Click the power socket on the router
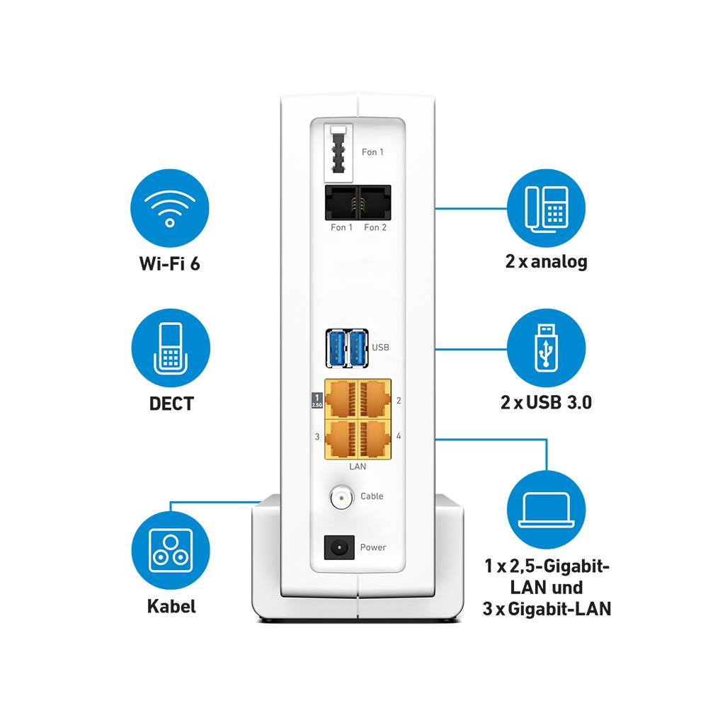point(337,547)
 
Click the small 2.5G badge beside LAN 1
point(316,401)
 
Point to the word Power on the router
point(373,547)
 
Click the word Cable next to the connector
point(372,496)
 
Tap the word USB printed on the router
point(381,348)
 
